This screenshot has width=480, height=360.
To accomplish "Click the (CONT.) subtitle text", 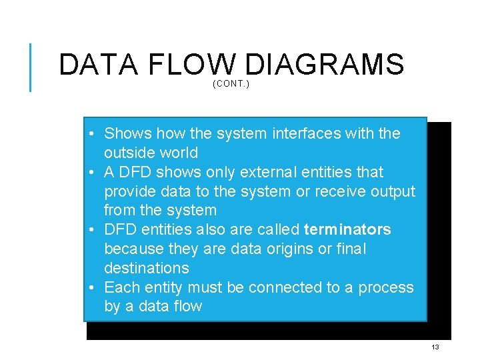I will point(231,84).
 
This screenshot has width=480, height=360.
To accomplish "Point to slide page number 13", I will point(435,347).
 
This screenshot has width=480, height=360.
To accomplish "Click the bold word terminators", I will point(347,230).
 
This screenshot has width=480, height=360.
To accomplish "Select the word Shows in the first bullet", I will point(128,133).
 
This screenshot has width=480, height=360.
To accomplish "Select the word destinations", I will point(146,268).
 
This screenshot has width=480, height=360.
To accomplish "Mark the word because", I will point(133,249).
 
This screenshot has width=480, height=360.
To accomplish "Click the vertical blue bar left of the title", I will point(30,67).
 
